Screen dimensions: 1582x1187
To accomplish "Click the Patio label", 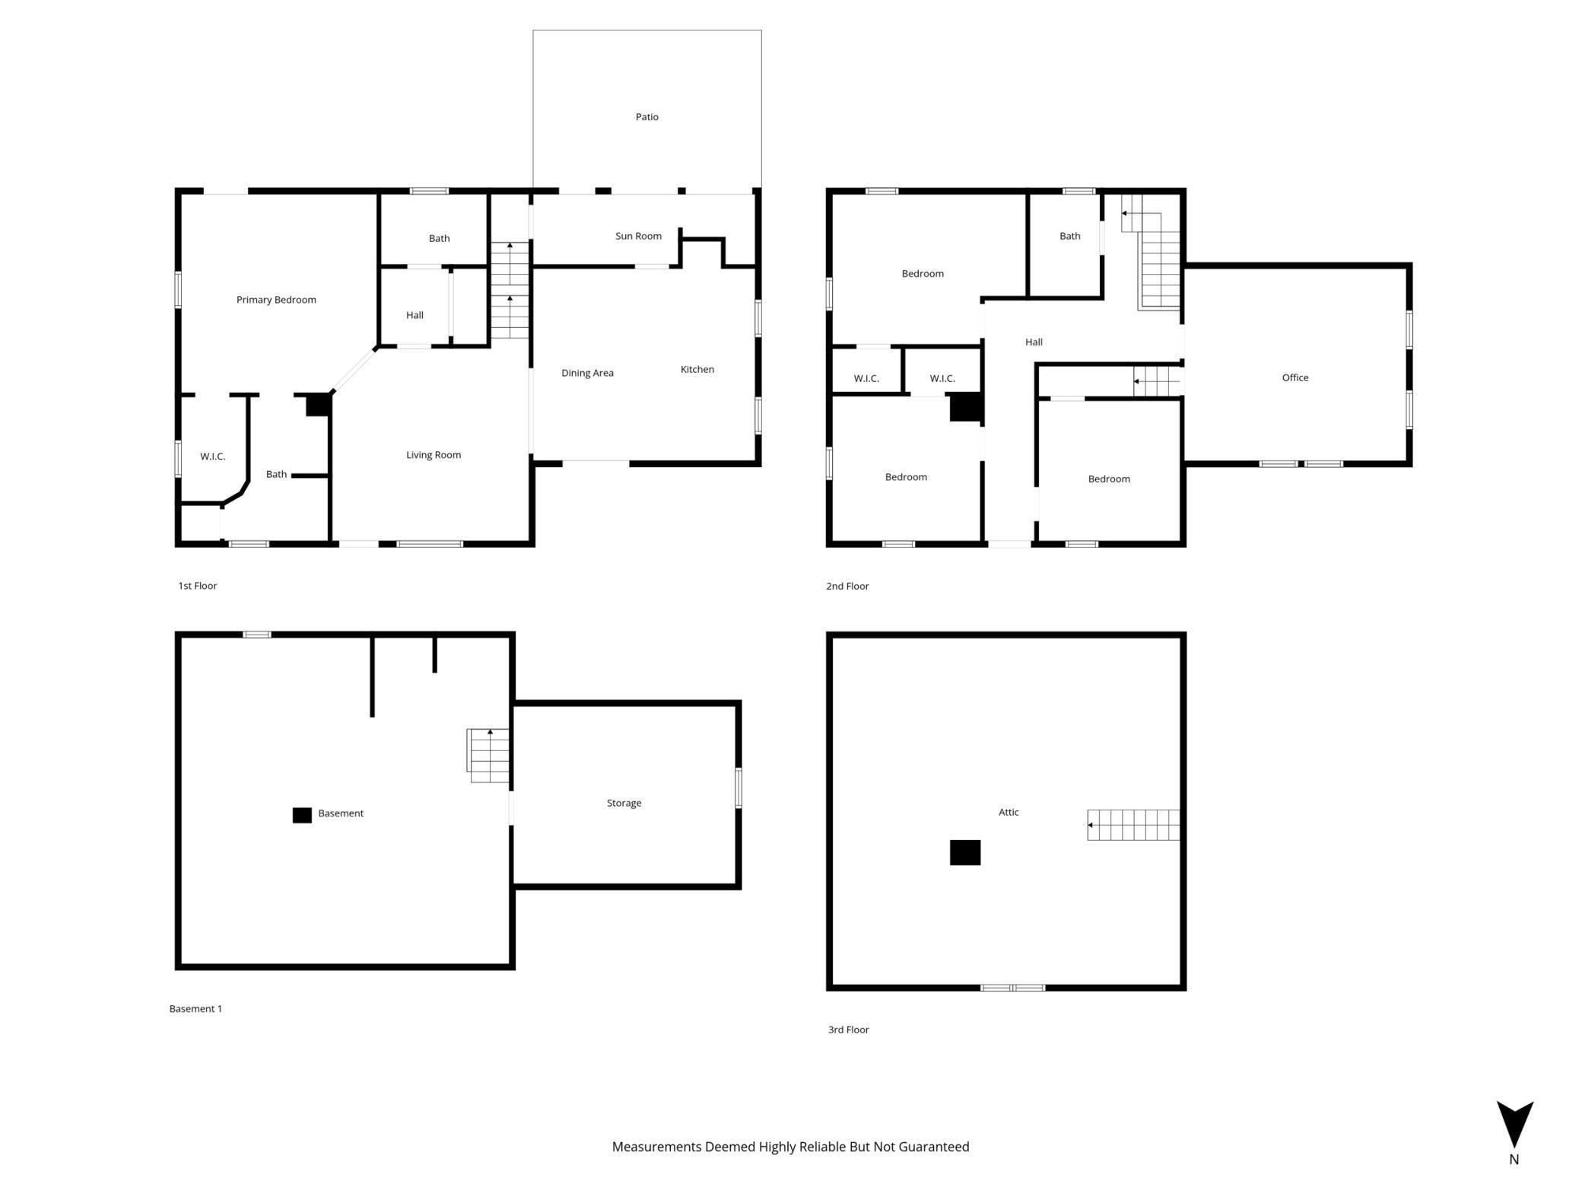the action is [646, 116].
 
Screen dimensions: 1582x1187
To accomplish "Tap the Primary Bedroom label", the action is [276, 300].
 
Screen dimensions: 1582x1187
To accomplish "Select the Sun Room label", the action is [638, 236].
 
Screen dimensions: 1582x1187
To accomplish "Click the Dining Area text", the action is [587, 373].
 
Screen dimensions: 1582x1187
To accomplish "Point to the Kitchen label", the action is [697, 369].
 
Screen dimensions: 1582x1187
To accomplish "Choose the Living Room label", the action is [434, 455].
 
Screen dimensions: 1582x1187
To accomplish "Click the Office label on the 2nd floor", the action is [1295, 377].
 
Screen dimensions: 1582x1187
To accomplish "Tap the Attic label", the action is [1009, 812].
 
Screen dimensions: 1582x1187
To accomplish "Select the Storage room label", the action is [624, 803].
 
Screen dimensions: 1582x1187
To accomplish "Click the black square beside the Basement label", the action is [302, 815].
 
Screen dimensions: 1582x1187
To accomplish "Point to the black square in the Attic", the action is [965, 852].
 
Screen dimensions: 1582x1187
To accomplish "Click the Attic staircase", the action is [1133, 825].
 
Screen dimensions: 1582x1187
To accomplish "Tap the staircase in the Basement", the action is [488, 756].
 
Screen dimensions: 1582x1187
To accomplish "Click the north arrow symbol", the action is [1514, 1124].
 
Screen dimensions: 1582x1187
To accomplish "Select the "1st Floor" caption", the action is [198, 586].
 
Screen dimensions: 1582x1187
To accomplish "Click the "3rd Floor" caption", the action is [848, 1029].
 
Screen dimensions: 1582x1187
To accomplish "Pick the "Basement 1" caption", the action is [195, 1009].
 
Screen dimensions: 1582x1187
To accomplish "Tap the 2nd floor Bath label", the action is [1069, 236].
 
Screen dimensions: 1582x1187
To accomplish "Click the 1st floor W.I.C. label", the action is [212, 457].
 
